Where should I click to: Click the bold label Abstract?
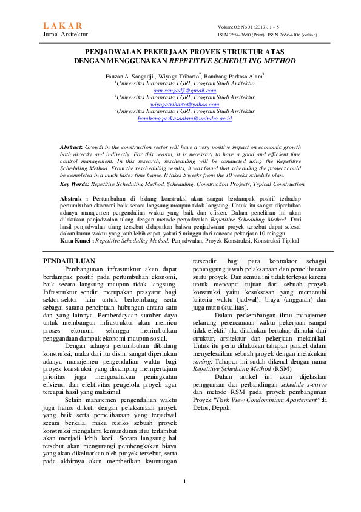(71, 148)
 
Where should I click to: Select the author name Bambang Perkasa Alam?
(234, 75)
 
